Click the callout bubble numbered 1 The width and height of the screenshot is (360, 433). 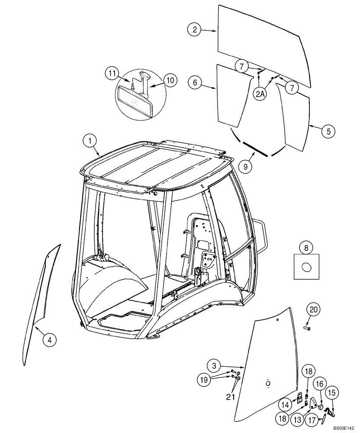[90, 140]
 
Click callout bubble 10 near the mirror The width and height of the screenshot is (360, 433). [170, 80]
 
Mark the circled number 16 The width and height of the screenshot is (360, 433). [320, 385]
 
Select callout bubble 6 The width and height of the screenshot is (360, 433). [195, 82]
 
